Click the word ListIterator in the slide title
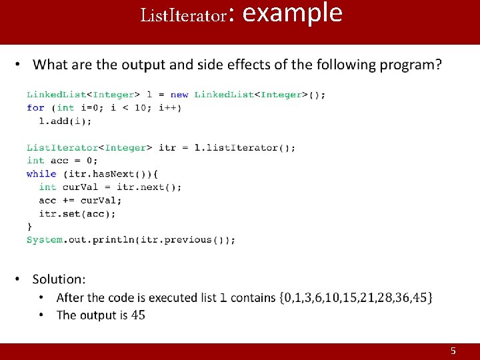[x=183, y=15]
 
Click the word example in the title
[x=293, y=13]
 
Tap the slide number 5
[x=453, y=351]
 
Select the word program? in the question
[x=407, y=65]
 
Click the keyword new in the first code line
[x=179, y=95]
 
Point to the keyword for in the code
[x=35, y=107]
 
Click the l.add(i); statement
[x=65, y=121]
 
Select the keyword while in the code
[x=41, y=173]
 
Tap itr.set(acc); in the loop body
[x=77, y=213]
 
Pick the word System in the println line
[x=45, y=239]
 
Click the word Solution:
[x=59, y=279]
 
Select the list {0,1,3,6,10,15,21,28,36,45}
[x=357, y=297]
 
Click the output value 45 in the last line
[x=138, y=315]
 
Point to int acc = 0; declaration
[x=62, y=160]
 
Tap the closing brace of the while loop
[x=29, y=227]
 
